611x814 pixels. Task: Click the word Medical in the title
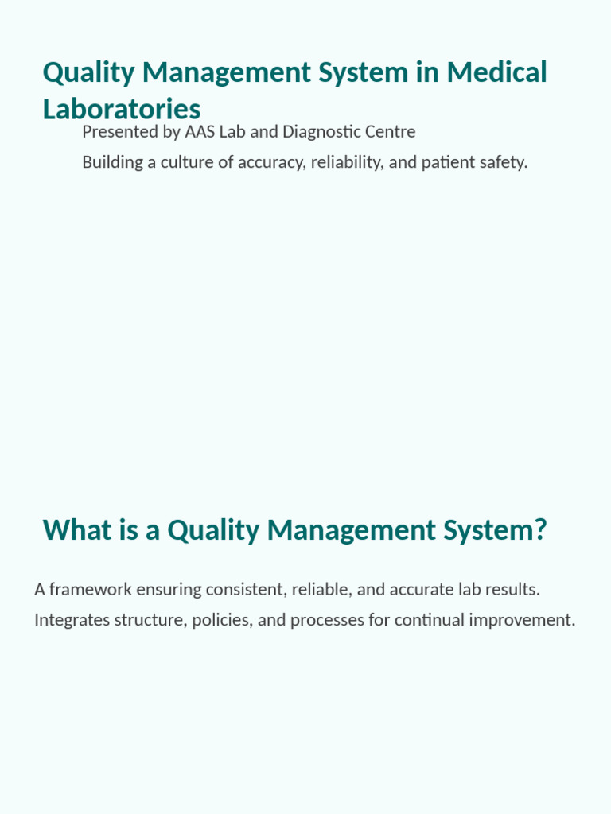[496, 72]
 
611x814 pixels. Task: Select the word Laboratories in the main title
[121, 109]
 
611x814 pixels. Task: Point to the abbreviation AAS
[200, 131]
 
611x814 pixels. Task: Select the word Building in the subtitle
[111, 162]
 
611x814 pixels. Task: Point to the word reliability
[347, 162]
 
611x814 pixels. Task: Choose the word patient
[441, 162]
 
